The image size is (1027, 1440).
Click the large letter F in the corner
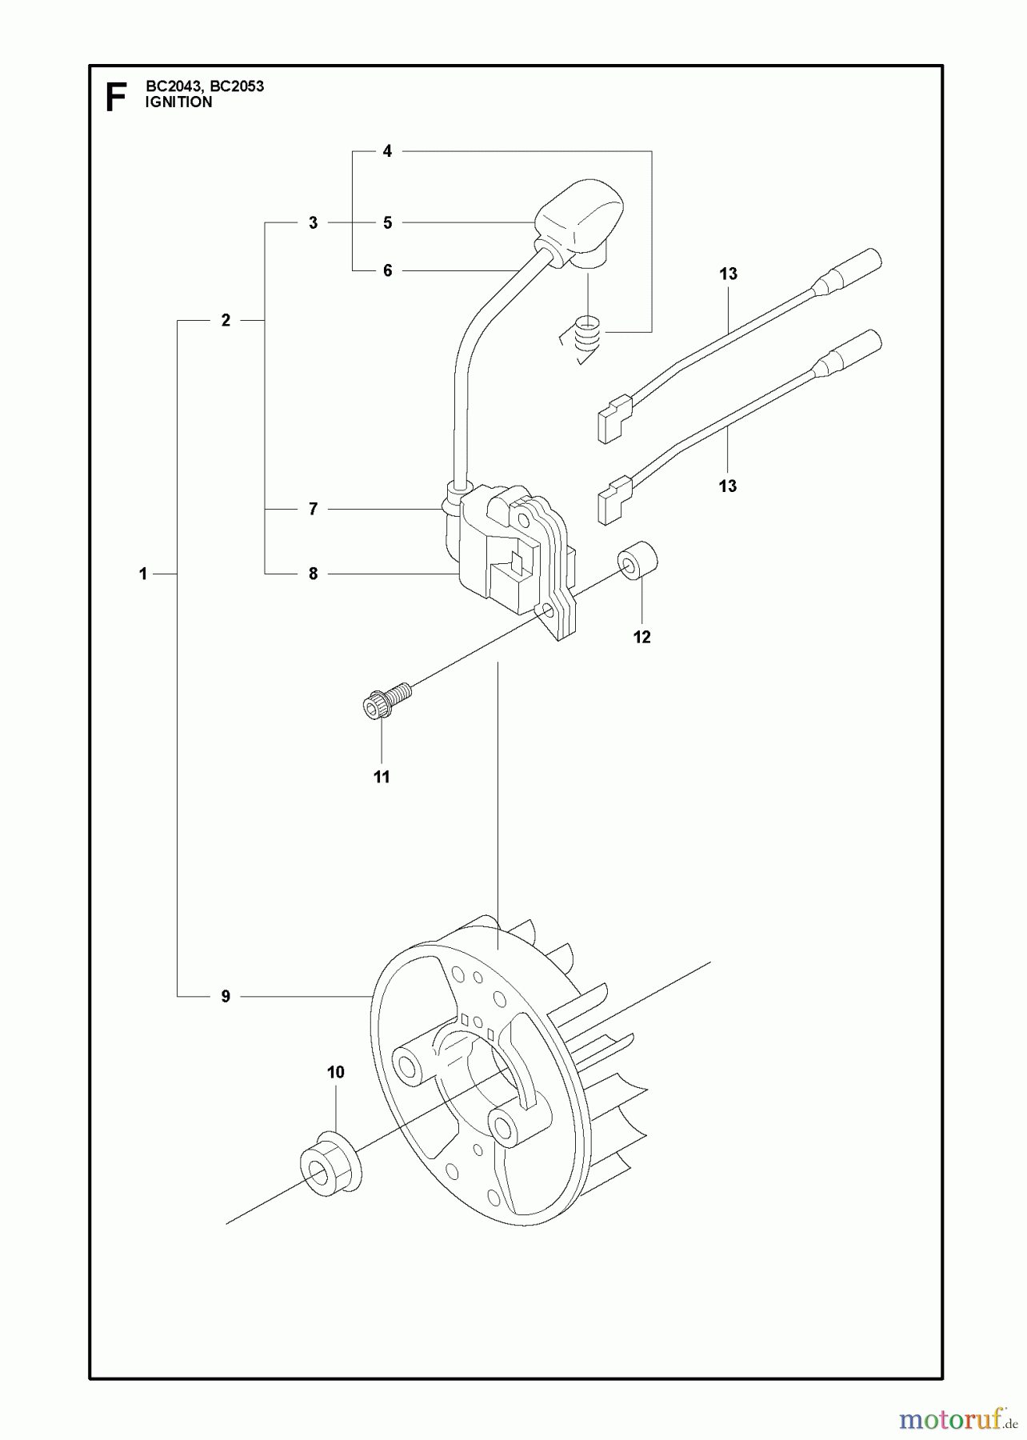116,97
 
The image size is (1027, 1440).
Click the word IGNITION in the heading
179,102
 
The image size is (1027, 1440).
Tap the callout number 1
143,574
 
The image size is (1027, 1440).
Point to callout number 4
387,151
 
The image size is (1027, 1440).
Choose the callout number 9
226,997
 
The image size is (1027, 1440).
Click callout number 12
641,637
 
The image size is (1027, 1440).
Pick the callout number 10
336,1072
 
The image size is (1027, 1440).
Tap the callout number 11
382,777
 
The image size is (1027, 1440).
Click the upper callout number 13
728,274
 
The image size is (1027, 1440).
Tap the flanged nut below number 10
330,1166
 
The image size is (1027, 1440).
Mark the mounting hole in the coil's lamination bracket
547,614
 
